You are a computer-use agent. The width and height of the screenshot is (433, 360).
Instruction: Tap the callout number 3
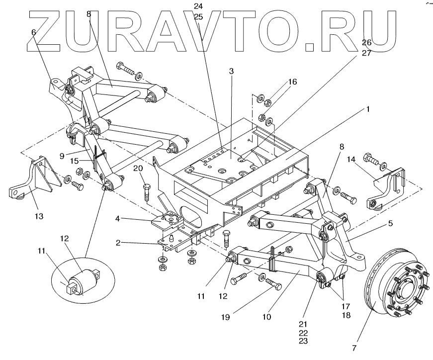click(231, 71)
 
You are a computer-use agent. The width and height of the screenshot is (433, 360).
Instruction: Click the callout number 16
click(291, 82)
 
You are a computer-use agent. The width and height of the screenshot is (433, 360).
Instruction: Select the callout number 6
click(33, 32)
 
